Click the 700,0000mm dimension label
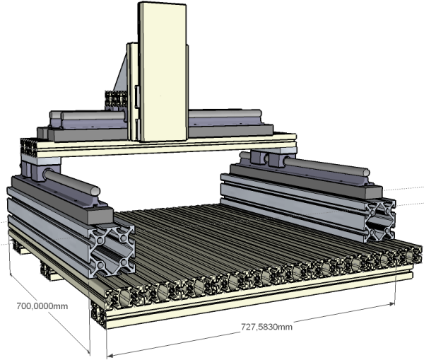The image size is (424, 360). pyautogui.click(x=42, y=306)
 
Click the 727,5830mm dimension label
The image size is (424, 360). pyautogui.click(x=266, y=327)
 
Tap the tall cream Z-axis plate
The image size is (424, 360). pyautogui.click(x=163, y=71)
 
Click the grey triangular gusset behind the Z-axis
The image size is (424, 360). pyautogui.click(x=121, y=73)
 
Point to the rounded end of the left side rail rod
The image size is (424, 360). pyautogui.click(x=95, y=190)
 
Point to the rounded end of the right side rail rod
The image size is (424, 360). pyautogui.click(x=366, y=173)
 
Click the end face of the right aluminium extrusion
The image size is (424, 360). pyautogui.click(x=381, y=220)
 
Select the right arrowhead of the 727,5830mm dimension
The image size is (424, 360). pyautogui.click(x=391, y=304)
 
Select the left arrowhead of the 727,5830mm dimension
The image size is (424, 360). pyautogui.click(x=110, y=356)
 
